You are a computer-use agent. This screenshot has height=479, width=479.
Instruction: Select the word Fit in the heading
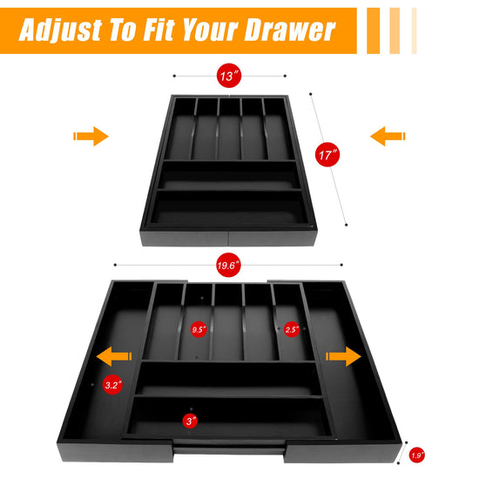(159, 30)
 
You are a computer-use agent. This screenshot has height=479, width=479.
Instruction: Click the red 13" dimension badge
(229, 76)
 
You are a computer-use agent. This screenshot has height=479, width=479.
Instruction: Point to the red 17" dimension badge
(327, 154)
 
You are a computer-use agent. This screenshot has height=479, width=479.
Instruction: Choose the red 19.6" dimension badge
(228, 265)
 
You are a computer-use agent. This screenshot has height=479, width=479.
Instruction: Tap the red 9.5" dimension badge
(199, 329)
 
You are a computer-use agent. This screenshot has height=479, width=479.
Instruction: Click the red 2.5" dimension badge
(292, 329)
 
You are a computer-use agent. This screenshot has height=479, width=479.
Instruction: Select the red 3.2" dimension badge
(112, 385)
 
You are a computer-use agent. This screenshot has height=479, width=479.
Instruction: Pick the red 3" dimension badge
(190, 422)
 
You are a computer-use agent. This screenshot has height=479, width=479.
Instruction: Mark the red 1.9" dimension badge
(416, 455)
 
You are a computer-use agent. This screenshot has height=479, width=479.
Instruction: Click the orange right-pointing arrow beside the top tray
(91, 136)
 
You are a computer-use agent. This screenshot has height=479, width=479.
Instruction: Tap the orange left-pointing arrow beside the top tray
(388, 136)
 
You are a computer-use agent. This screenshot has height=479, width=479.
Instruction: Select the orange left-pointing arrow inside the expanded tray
(114, 356)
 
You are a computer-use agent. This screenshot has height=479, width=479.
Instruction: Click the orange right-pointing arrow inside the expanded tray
(344, 356)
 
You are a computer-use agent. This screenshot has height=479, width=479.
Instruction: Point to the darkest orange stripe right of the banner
(374, 30)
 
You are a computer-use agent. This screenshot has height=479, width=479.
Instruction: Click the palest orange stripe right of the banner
(415, 30)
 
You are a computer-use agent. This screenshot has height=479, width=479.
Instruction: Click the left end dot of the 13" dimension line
(174, 76)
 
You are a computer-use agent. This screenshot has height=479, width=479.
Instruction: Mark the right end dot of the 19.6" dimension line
(341, 265)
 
